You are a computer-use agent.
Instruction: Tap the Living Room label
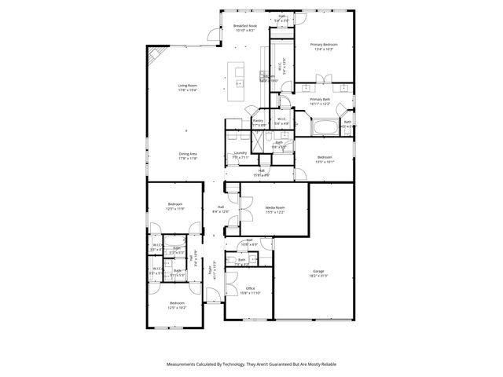187,87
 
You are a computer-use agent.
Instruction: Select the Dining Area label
187,156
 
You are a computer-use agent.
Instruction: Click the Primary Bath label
320,101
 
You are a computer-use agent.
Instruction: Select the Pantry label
259,123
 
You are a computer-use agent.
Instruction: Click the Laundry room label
240,155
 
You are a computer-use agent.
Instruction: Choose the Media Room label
274,210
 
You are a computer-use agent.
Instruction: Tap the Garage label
318,273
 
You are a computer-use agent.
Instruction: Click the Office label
250,291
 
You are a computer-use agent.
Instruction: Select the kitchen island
239,75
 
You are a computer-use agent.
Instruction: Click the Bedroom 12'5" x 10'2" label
176,305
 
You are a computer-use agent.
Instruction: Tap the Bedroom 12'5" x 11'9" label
176,207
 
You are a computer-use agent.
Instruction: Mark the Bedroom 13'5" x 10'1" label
325,159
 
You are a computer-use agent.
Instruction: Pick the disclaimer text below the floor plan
251,365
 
